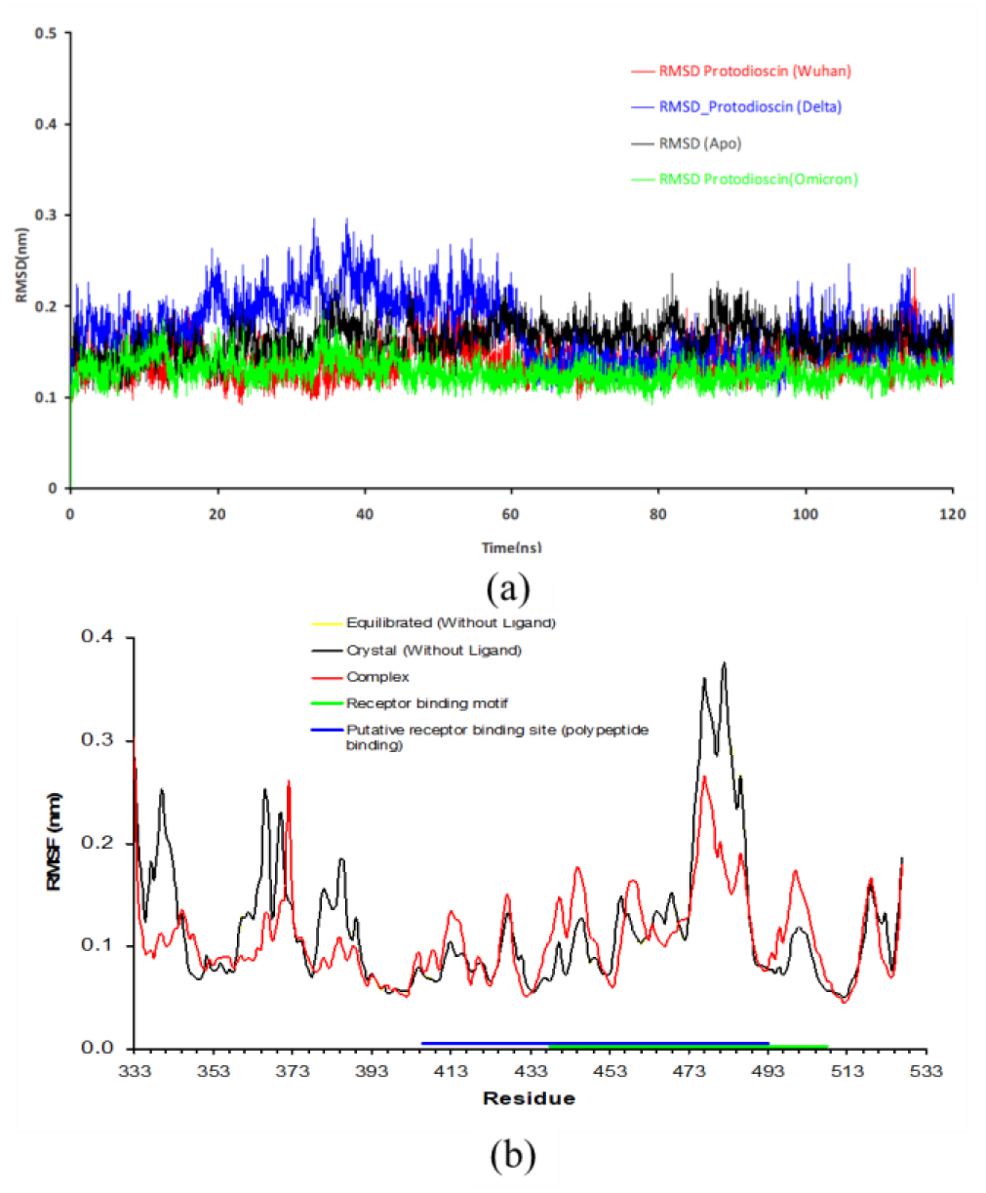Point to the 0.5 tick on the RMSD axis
click(x=47, y=33)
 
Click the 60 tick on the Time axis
click(x=511, y=514)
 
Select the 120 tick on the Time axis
click(x=953, y=514)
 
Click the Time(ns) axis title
click(x=511, y=548)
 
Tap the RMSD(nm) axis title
click(x=21, y=264)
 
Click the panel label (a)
click(x=508, y=588)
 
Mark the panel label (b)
click(x=513, y=1156)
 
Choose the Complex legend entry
click(x=377, y=677)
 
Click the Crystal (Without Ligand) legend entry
click(x=433, y=650)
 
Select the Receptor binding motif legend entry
click(x=426, y=703)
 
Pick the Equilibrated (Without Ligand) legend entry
click(x=451, y=622)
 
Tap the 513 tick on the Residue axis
click(x=847, y=1071)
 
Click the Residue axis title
click(x=529, y=1099)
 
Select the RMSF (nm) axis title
click(x=55, y=841)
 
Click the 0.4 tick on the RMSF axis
click(x=98, y=637)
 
